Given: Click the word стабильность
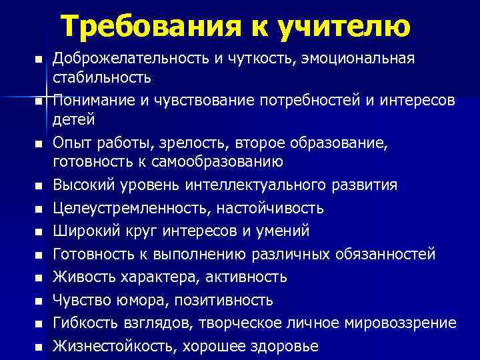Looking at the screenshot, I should pyautogui.click(x=101, y=77).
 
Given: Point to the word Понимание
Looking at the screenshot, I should pyautogui.click(x=93, y=101).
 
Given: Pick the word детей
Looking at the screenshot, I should pyautogui.click(x=74, y=120).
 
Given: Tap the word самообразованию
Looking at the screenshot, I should pyautogui.click(x=213, y=162).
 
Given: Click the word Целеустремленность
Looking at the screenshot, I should pyautogui.click(x=132, y=208).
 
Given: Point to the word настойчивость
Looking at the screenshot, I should pyautogui.click(x=271, y=208).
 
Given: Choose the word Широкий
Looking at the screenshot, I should pyautogui.click(x=83, y=231).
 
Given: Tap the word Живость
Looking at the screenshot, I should pyautogui.click(x=81, y=277).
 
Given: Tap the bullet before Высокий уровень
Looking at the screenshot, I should pyautogui.click(x=39, y=185).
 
